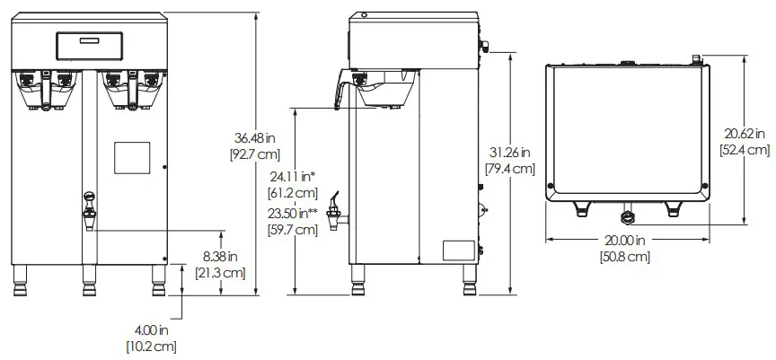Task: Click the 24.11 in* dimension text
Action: coord(293,176)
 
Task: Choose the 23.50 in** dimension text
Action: coord(293,214)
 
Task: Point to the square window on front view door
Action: coord(132,159)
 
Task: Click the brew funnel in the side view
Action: coord(381,92)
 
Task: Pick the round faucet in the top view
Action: coord(626,215)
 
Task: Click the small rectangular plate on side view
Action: coord(460,250)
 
